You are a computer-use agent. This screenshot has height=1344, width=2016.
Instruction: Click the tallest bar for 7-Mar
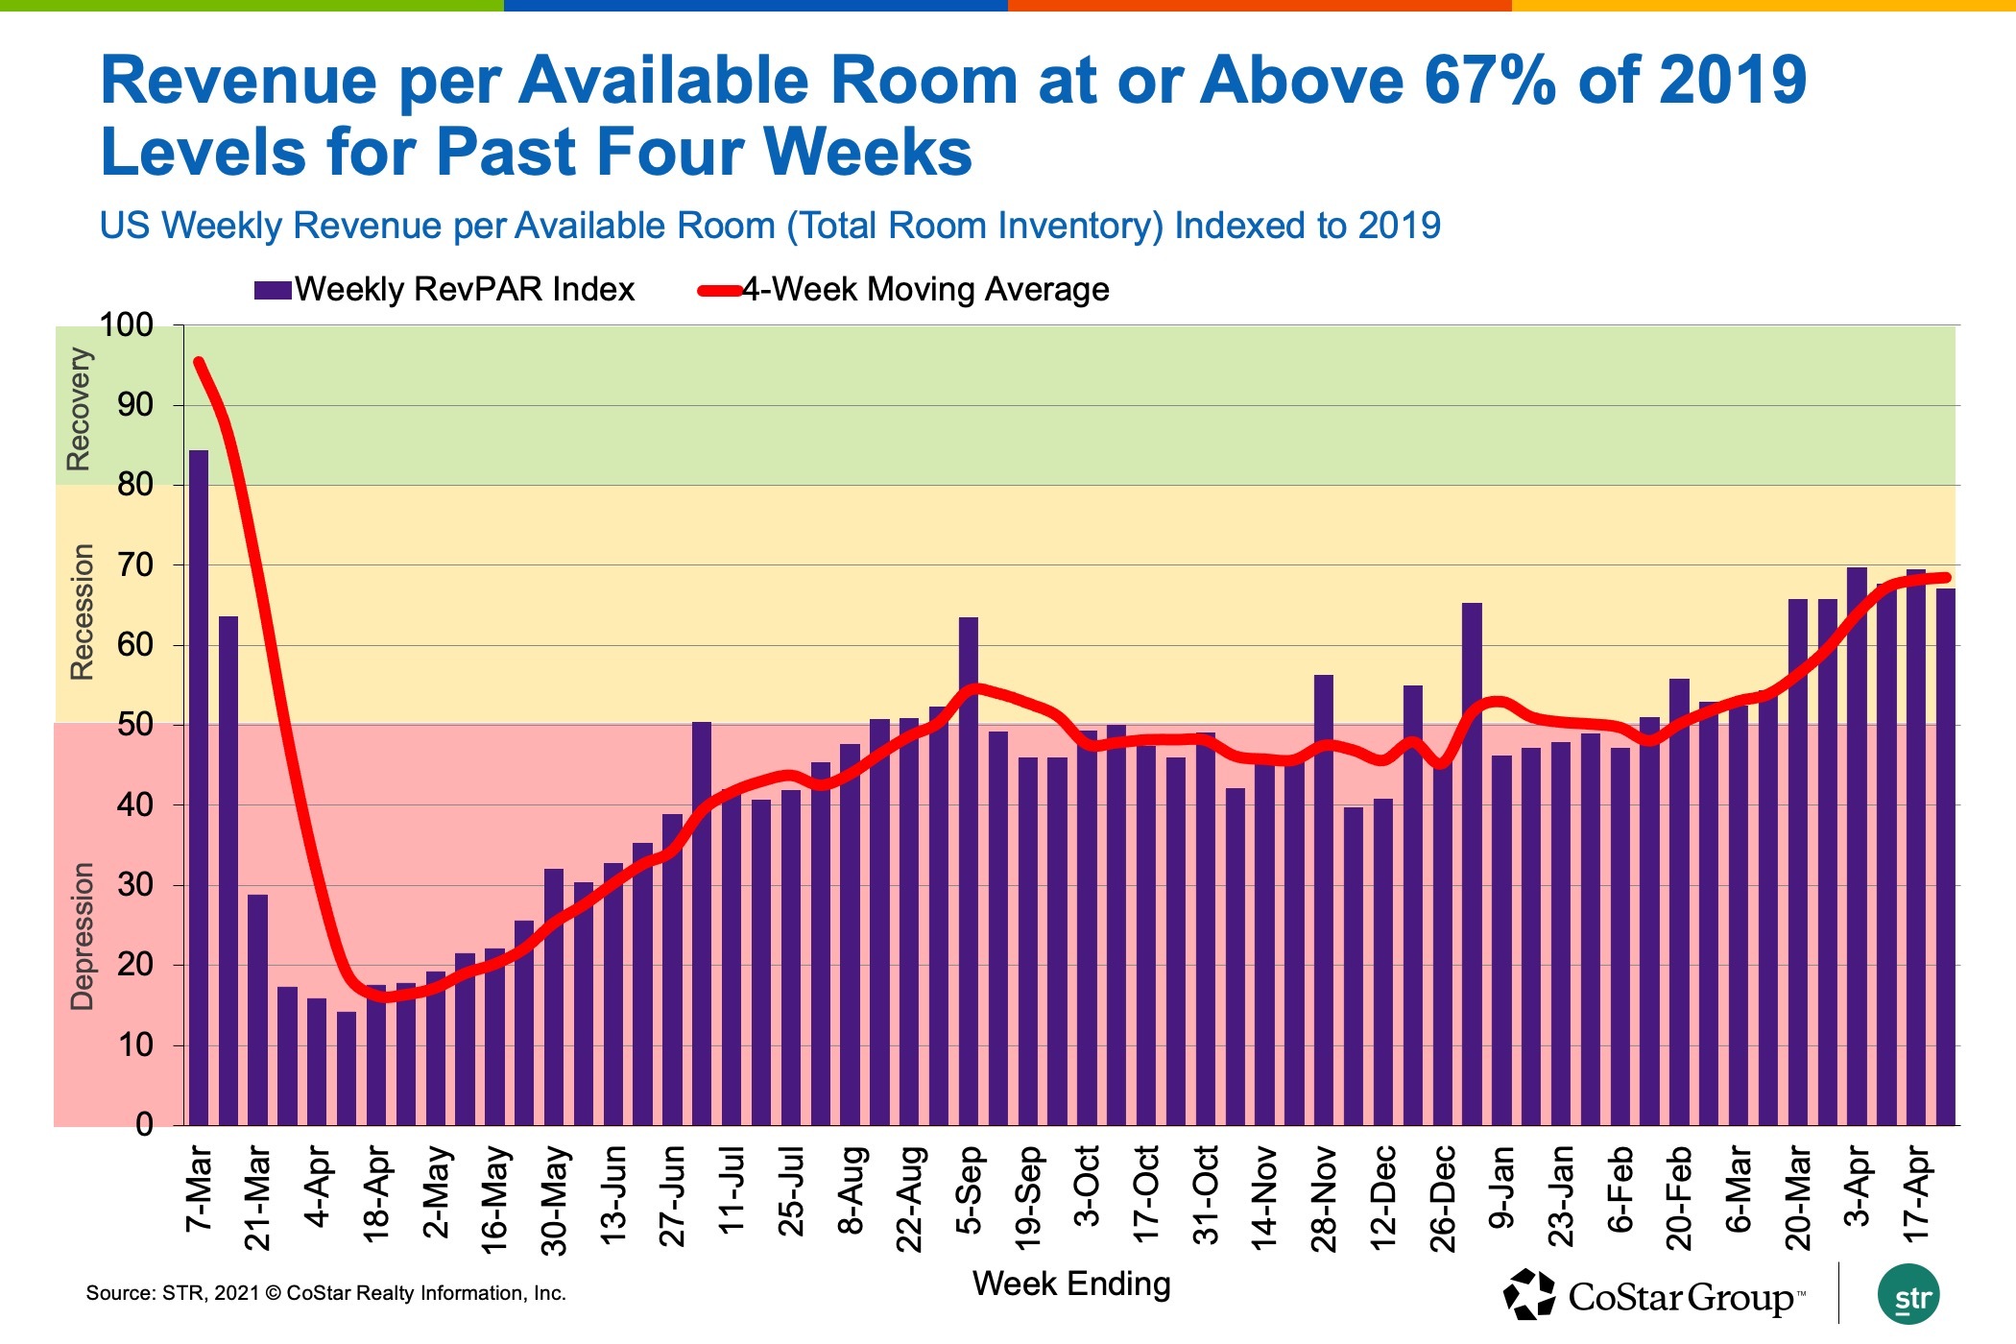pyautogui.click(x=199, y=787)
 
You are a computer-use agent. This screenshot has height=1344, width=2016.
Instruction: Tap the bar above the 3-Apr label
pyautogui.click(x=1857, y=845)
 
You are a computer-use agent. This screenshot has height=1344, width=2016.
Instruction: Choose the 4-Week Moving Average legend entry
pyautogui.click(x=903, y=290)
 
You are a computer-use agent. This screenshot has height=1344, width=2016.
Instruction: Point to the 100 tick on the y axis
pyautogui.click(x=127, y=325)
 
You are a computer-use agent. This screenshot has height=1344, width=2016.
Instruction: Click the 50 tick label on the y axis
pyautogui.click(x=135, y=725)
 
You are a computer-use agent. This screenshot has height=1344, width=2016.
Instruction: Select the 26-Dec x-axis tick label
pyautogui.click(x=1443, y=1199)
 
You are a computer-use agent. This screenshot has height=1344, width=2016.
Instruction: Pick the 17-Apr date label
pyautogui.click(x=1915, y=1193)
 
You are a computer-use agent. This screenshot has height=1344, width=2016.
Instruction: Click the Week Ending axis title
pyautogui.click(x=1071, y=1284)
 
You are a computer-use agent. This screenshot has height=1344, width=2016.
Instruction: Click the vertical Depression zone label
pyautogui.click(x=83, y=936)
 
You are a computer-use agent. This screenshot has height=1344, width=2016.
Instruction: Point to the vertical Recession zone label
pyautogui.click(x=83, y=612)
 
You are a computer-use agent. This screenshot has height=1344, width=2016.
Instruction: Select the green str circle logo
pyautogui.click(x=1908, y=1295)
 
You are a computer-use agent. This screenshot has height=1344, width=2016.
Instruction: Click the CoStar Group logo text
pyautogui.click(x=1680, y=1298)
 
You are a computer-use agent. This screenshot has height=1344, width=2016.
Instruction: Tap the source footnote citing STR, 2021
pyautogui.click(x=325, y=1293)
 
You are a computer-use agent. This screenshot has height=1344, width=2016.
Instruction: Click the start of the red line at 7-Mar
pyautogui.click(x=198, y=362)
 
